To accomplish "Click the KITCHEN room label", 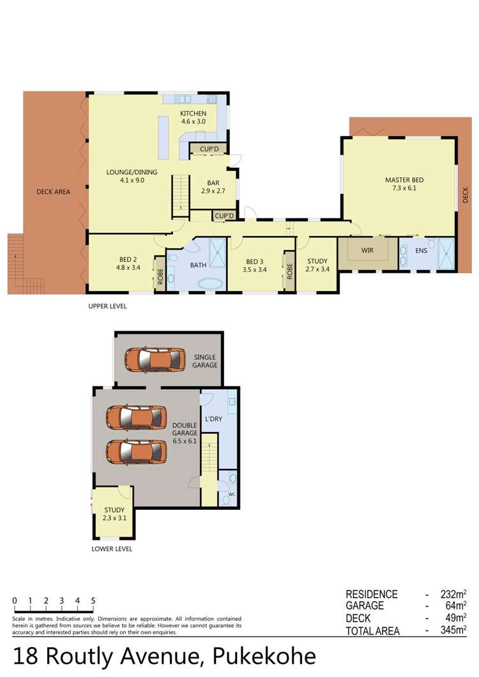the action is coord(193,114).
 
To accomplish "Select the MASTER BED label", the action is coord(404,180).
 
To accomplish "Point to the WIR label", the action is coord(367,250).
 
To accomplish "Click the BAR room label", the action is coord(213,183).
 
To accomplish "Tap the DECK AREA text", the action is coord(53,191).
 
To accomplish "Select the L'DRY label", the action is coord(213,419).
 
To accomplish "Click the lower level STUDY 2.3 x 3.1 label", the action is coord(114,514).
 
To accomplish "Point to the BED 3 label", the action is coord(255,262).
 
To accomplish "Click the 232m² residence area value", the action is coord(453,594).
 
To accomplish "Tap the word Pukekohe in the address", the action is coord(264,657).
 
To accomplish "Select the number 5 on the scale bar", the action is coord(93,600).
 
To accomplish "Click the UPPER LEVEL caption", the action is coord(107,306).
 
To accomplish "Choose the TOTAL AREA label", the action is coord(372,631).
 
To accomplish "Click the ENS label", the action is coord(421,250).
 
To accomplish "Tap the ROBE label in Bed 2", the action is coord(160,273).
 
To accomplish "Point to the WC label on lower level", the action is coord(232,495).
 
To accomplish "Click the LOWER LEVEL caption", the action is coord(112,549).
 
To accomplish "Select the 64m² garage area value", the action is coord(456,606).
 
